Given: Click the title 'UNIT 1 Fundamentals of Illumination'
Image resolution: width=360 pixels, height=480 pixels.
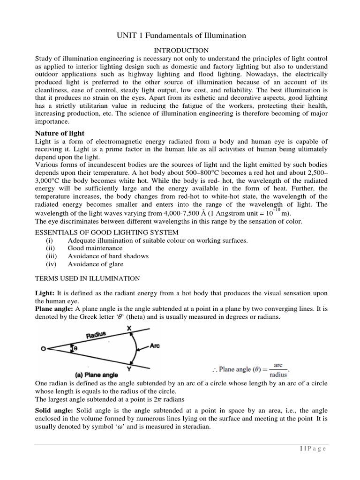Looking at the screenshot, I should (180, 35).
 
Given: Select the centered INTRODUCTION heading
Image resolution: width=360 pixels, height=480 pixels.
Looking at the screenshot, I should (181, 50).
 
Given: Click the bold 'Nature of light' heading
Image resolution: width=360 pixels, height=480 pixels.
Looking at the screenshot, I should (60, 134).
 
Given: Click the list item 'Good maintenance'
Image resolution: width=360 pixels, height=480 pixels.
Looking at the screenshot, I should (95, 248).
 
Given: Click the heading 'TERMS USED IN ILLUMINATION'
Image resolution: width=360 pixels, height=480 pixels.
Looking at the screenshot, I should (88, 278).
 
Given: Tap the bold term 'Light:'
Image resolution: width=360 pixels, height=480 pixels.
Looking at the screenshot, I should (45, 293).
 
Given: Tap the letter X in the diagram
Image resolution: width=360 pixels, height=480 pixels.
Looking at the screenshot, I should (130, 330).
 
